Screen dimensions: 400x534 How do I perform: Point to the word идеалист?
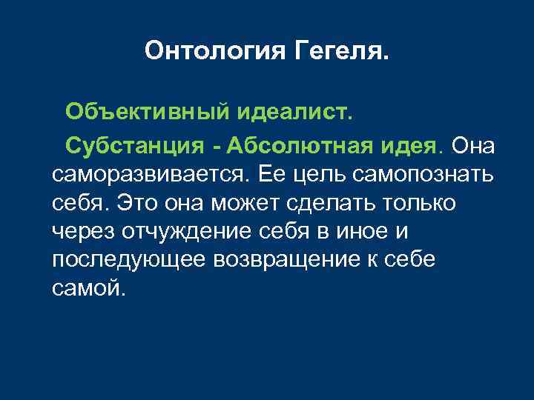296,113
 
